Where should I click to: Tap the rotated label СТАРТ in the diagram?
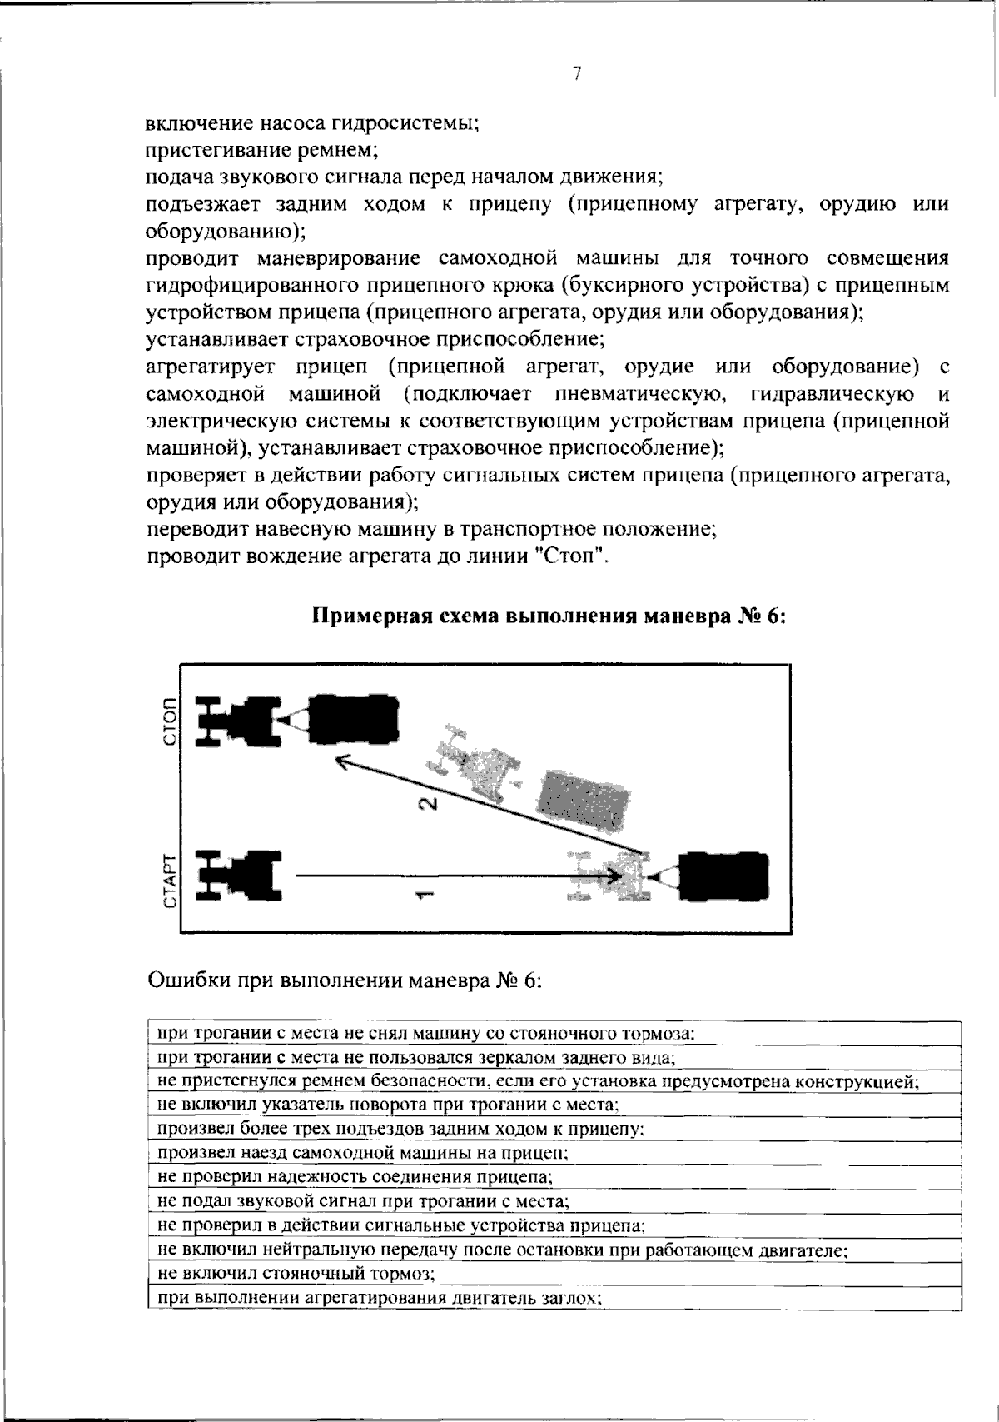click(x=171, y=881)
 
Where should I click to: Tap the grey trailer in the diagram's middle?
click(x=583, y=801)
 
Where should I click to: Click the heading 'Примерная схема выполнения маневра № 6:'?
click(x=549, y=617)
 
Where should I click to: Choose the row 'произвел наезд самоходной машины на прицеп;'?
click(x=363, y=1153)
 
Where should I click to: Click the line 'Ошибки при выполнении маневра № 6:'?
click(x=345, y=980)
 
